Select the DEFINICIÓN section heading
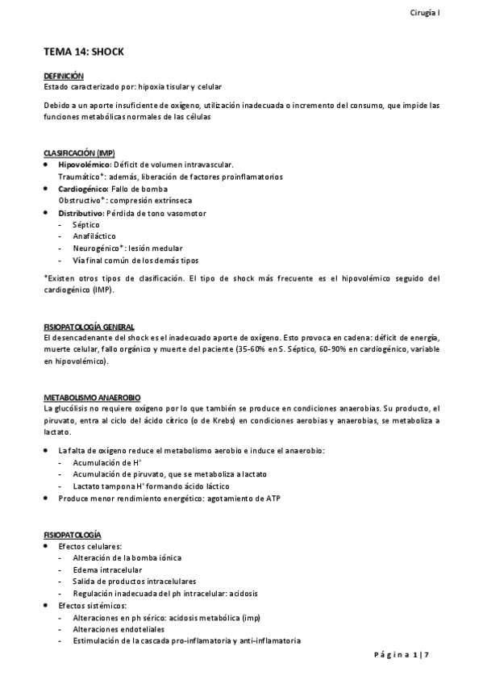click(x=63, y=75)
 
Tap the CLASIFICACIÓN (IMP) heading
click(x=79, y=153)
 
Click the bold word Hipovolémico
click(x=83, y=165)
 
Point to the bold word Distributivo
click(x=81, y=213)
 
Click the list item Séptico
click(x=84, y=225)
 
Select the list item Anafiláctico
click(x=90, y=236)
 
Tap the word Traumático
click(x=78, y=177)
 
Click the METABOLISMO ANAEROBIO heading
click(x=92, y=398)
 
